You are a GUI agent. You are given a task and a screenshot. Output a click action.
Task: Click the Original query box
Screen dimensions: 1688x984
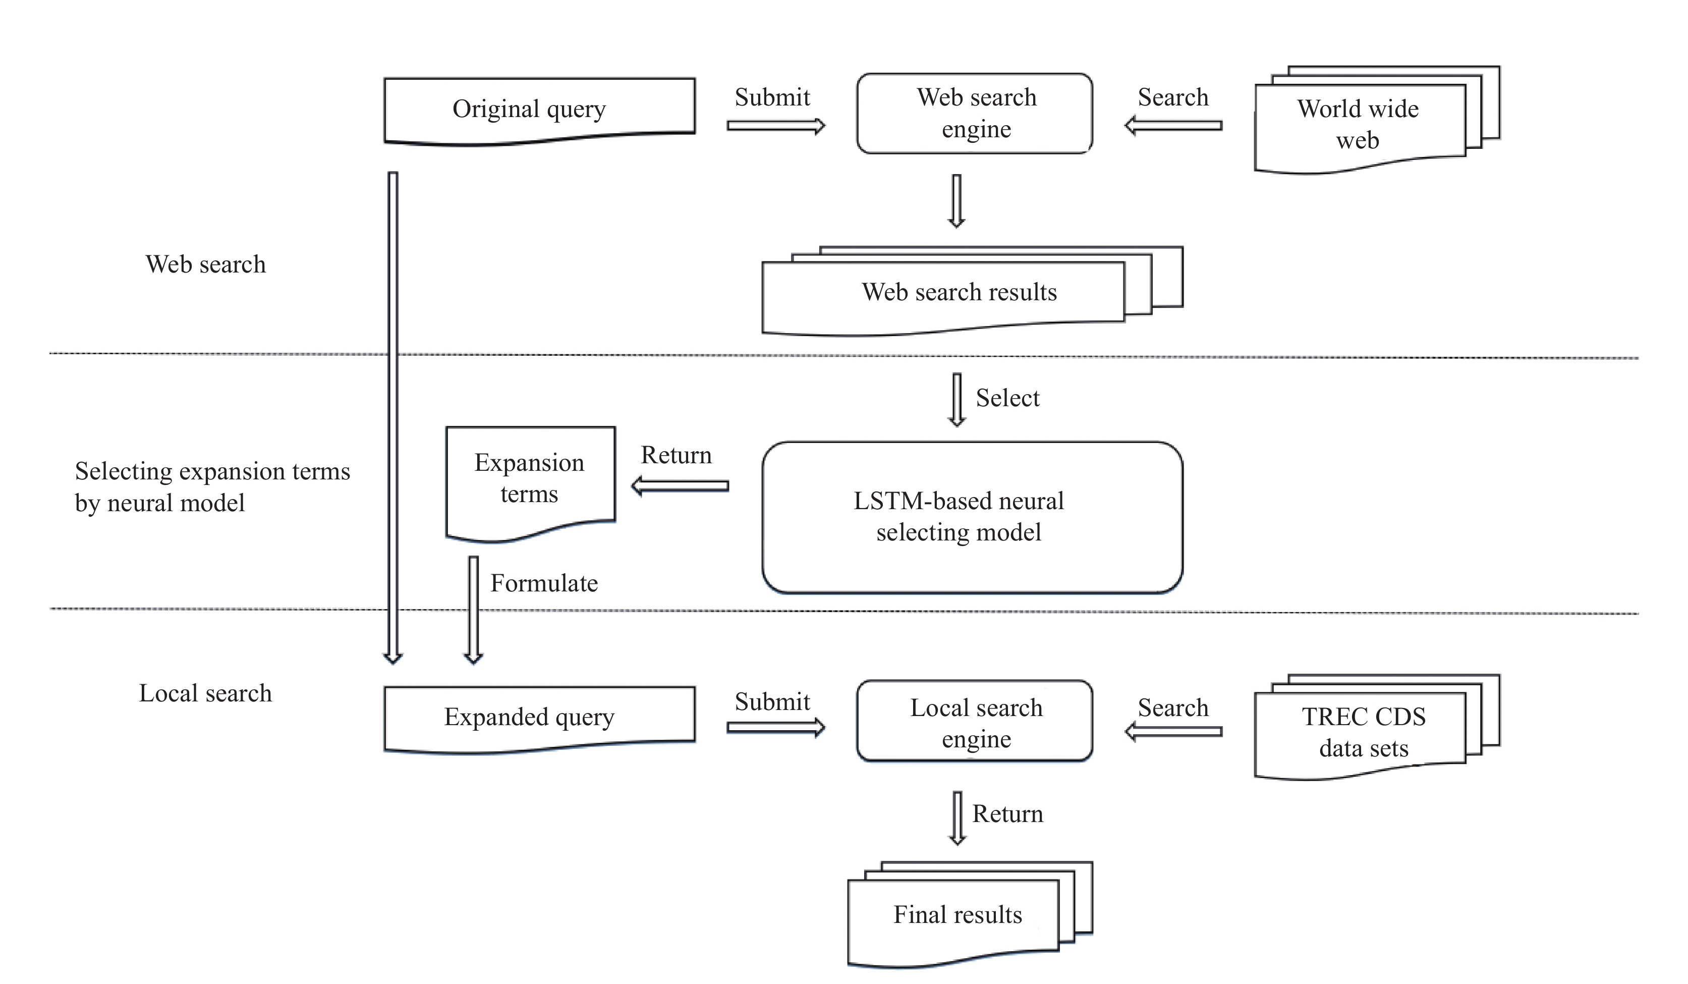pos(539,111)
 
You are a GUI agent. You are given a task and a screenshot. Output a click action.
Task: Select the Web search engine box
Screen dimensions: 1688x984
pos(975,114)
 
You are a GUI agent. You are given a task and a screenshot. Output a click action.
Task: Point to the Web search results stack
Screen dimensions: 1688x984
pos(972,291)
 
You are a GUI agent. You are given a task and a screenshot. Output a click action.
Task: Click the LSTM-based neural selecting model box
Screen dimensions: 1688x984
pos(972,517)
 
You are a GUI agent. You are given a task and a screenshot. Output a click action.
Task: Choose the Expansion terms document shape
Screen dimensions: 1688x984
pos(531,483)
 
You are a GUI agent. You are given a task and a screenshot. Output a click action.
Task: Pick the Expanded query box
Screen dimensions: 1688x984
pos(539,720)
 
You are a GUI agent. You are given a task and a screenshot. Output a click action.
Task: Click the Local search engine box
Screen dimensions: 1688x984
pos(975,721)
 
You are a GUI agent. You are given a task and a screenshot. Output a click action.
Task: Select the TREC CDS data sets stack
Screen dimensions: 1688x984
pos(1377,727)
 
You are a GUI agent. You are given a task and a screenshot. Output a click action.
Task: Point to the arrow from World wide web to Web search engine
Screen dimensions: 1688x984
pos(1173,125)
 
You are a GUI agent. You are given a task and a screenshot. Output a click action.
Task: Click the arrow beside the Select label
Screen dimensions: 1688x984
pos(956,400)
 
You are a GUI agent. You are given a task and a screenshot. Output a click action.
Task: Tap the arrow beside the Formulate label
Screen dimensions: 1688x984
pos(474,610)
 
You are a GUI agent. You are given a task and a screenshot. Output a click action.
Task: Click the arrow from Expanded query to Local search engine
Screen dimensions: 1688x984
pos(776,728)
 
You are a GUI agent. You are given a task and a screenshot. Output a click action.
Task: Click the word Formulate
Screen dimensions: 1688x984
pos(544,583)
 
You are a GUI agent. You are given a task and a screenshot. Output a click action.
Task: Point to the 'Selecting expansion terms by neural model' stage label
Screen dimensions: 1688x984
pos(212,487)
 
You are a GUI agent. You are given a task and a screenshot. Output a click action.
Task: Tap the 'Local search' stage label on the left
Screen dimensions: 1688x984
pos(206,693)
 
